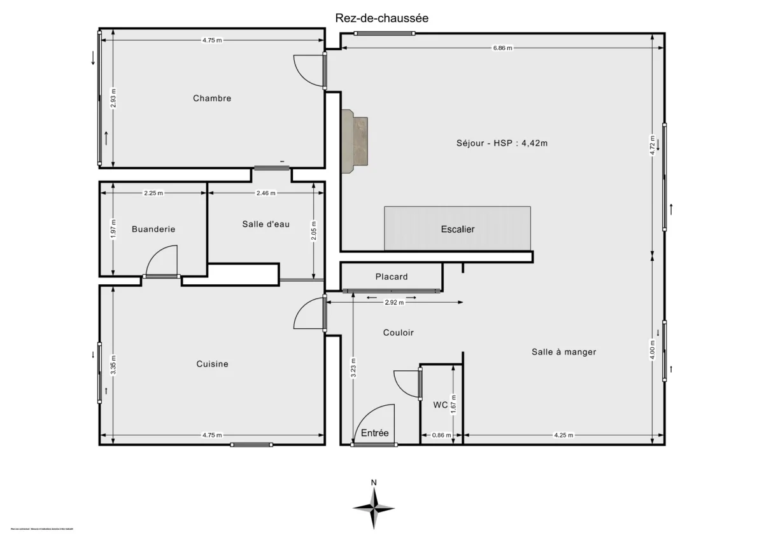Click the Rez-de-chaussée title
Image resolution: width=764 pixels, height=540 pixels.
382,18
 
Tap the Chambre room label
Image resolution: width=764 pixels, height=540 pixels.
212,98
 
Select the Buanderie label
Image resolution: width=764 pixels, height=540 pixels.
153,229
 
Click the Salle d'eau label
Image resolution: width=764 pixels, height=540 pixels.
266,224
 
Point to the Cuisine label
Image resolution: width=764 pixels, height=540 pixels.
212,364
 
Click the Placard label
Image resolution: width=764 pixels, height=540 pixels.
392,277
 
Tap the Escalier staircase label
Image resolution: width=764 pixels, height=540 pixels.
457,229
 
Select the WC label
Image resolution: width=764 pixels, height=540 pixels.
440,405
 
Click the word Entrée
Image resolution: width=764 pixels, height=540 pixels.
375,433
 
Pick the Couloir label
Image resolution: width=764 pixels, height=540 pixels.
399,333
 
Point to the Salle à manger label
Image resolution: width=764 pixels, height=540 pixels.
564,352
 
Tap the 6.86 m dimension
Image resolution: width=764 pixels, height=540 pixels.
502,48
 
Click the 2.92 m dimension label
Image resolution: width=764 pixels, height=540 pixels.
395,303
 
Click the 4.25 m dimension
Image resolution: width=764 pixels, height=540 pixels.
563,436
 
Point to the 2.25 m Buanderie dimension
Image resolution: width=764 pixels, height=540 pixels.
153,193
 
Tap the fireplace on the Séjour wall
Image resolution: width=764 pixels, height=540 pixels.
355,141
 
